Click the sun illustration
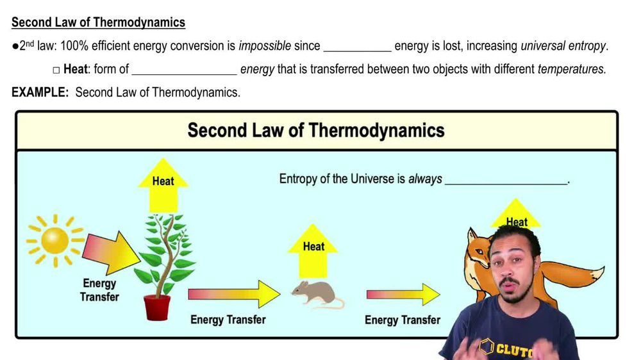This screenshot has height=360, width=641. pos(54,240)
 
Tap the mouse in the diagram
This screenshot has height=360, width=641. pos(314,293)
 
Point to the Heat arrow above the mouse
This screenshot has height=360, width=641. pos(313,250)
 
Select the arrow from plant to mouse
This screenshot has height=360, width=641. pos(234,294)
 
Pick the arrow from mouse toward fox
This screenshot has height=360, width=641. pos(403,295)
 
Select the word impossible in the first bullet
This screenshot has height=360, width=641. pos(265,46)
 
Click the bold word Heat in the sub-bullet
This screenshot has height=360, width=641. pos(75,69)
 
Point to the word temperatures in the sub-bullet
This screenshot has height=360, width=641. pos(571,69)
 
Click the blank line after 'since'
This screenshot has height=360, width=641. pos(357,48)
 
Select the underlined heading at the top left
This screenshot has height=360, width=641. pos(98,22)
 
